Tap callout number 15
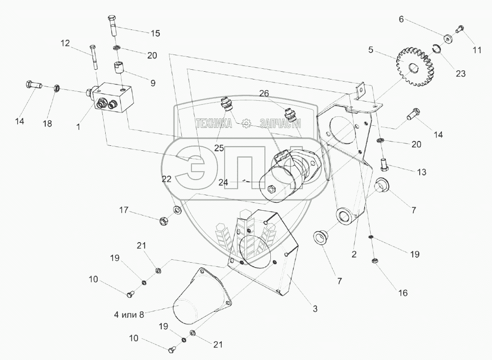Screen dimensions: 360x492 tap(155, 33)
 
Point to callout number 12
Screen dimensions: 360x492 tap(65, 43)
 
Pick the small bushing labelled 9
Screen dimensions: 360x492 tap(120, 66)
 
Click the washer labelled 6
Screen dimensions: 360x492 tap(448, 38)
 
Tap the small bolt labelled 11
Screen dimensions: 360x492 tap(461, 29)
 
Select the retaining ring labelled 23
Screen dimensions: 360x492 tap(435, 49)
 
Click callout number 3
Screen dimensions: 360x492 tap(315, 309)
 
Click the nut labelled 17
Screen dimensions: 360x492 tap(164, 220)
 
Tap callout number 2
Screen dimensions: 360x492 tap(353, 254)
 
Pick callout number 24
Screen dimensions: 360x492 tap(224, 182)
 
